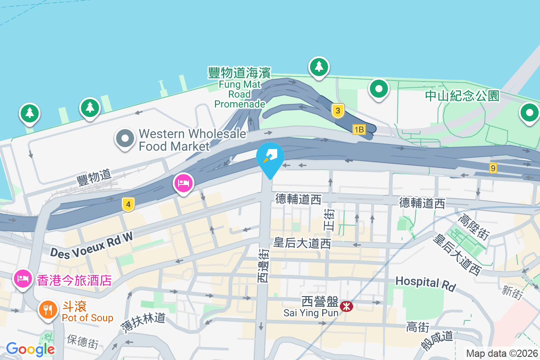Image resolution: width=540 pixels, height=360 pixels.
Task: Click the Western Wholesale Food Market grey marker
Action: click(125, 139)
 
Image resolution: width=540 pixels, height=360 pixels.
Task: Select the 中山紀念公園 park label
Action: click(462, 96)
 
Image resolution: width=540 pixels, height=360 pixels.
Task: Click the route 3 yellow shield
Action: click(338, 111)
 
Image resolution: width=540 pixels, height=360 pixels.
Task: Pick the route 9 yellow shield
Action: click(494, 168)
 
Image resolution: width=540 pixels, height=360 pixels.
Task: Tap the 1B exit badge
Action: click(359, 130)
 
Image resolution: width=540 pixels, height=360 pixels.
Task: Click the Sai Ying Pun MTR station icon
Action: click(346, 307)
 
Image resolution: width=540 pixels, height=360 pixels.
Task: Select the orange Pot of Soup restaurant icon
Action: click(47, 310)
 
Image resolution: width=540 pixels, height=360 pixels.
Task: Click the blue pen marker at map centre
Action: click(270, 157)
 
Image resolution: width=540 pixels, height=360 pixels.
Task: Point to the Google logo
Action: click(31, 349)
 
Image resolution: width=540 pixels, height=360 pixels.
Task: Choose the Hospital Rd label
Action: click(425, 283)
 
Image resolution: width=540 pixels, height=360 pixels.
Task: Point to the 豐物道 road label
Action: click(94, 176)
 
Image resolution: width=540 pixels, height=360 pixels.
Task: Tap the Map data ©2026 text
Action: click(502, 353)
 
